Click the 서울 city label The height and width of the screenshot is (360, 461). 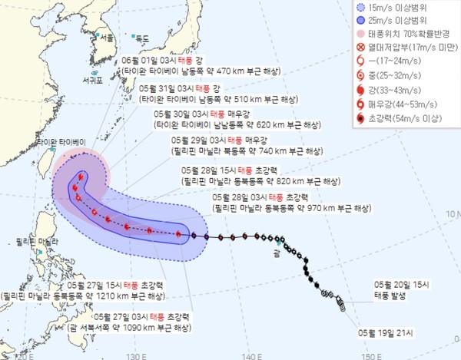[108, 37]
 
